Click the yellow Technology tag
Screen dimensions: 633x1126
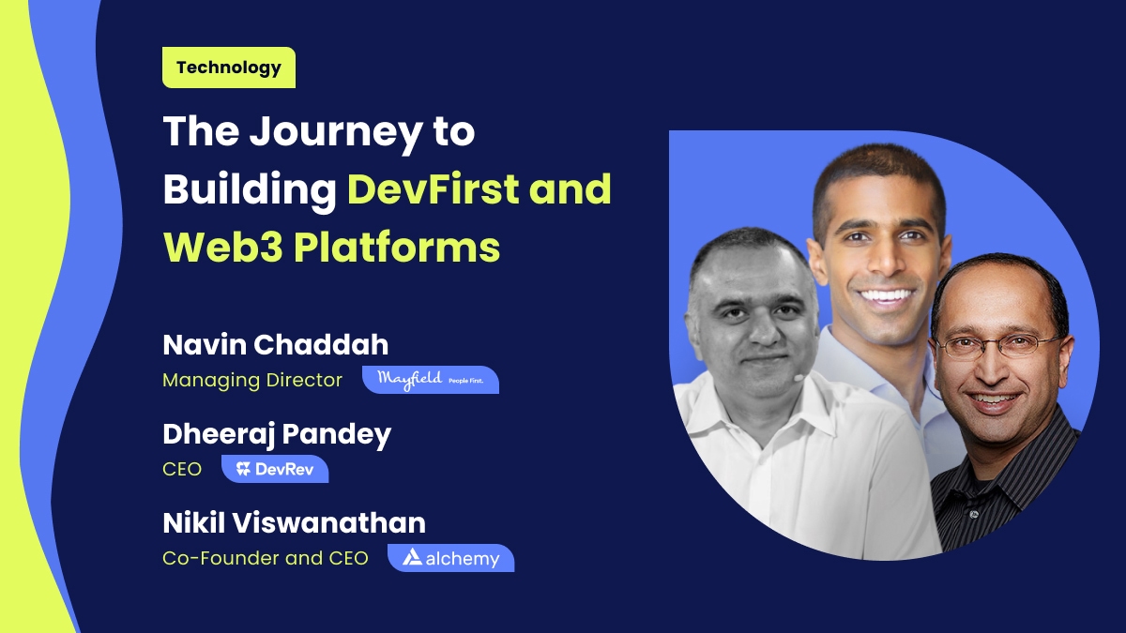pos(228,68)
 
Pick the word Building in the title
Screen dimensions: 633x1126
pos(250,189)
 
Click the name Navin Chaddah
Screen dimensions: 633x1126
pos(275,344)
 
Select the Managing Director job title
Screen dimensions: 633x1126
pos(252,380)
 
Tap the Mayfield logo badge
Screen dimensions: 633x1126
pos(430,379)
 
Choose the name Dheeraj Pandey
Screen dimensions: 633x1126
pos(277,433)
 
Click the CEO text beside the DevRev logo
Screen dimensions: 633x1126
pos(182,469)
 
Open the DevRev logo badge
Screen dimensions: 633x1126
pos(275,469)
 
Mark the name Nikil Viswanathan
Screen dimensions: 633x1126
pos(294,522)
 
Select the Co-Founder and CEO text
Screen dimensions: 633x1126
pos(265,558)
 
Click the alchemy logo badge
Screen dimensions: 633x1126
pos(450,558)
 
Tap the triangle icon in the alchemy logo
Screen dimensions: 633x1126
pos(412,558)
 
